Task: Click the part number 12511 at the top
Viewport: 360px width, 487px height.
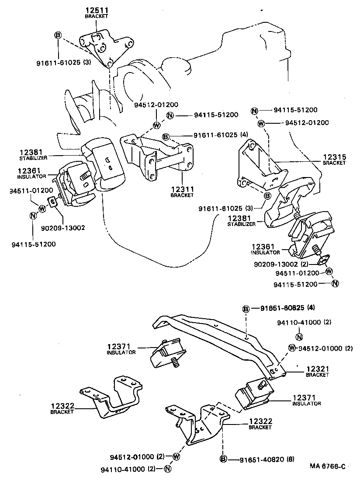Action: (x=96, y=10)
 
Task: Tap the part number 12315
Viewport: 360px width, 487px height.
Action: (x=334, y=156)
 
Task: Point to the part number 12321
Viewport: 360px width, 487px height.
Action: (x=317, y=369)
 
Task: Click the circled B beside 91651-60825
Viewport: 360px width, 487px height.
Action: (x=246, y=309)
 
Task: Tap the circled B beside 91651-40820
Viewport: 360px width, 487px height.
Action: (x=223, y=459)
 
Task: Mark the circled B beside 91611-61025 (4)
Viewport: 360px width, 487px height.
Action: (x=166, y=137)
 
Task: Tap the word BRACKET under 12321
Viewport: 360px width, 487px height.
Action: (x=317, y=375)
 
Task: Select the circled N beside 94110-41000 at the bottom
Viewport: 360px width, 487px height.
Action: (x=167, y=469)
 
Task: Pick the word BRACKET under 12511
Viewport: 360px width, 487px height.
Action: (x=96, y=16)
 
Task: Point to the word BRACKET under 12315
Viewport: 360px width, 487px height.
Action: (x=334, y=163)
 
